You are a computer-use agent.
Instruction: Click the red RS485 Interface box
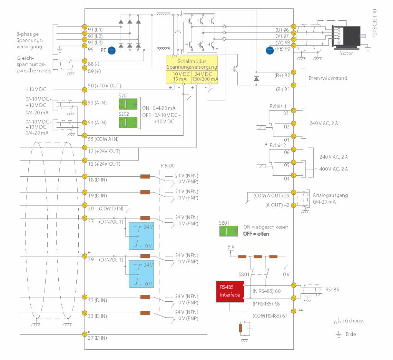(x=230, y=291)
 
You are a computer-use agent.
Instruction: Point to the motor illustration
(x=346, y=37)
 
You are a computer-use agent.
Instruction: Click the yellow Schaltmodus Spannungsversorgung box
(x=192, y=69)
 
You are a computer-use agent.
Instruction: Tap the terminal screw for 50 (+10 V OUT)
(x=84, y=89)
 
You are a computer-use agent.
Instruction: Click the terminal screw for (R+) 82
(x=294, y=72)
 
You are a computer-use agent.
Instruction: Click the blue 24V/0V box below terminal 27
(x=141, y=236)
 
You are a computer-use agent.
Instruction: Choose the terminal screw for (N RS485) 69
(x=294, y=285)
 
